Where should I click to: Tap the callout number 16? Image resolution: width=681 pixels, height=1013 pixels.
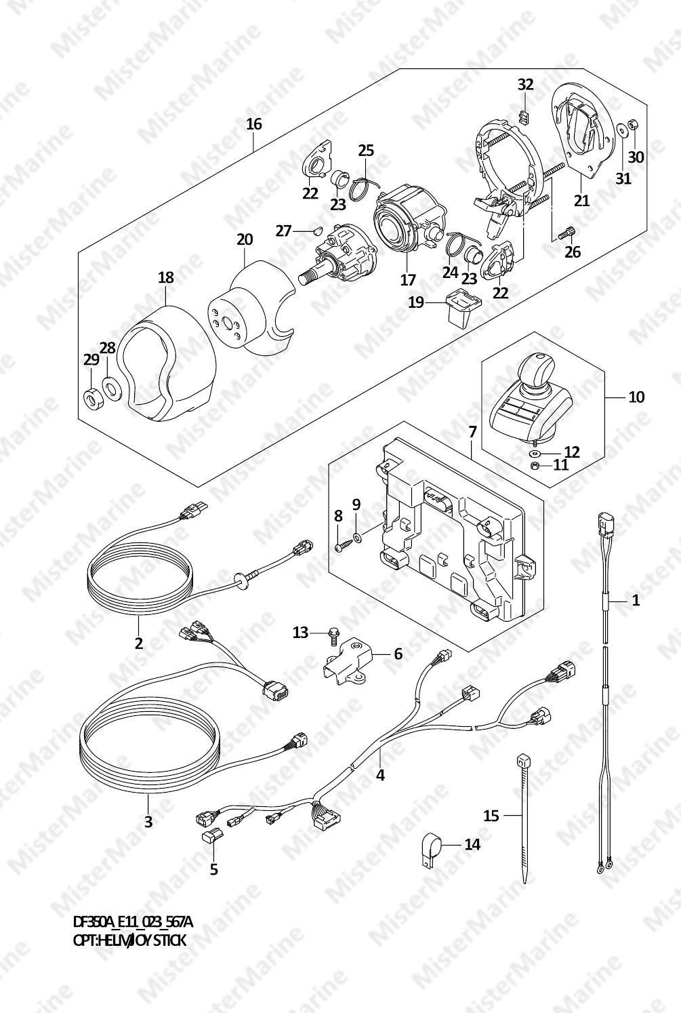(254, 124)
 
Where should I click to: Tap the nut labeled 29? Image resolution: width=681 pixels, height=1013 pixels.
(92, 397)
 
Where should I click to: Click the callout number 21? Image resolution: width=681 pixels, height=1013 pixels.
(581, 199)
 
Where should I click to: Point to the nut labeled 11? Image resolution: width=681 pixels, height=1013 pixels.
(534, 465)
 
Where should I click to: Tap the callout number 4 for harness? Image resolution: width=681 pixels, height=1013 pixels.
(380, 775)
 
